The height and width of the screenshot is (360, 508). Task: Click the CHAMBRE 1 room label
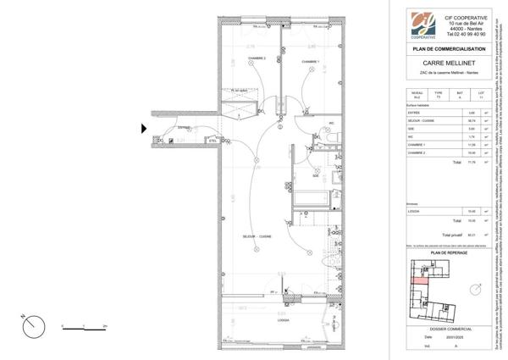coord(310,61)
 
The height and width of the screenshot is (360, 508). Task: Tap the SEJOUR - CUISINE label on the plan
coord(257,235)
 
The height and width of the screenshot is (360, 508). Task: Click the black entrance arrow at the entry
coord(144,128)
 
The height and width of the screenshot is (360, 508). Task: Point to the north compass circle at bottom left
coord(31,325)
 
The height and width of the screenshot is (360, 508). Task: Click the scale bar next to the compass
coord(81,325)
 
